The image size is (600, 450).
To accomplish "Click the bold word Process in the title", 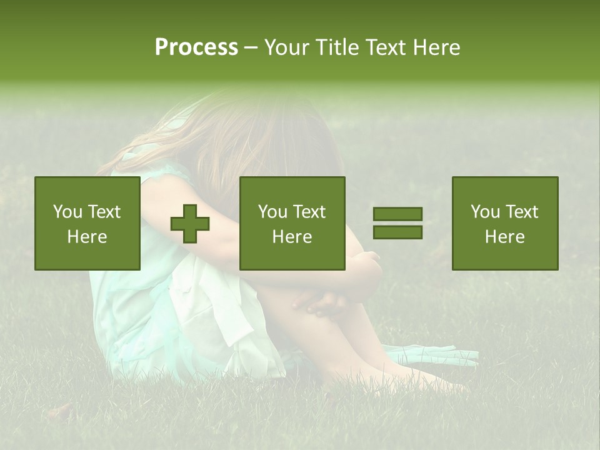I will click(196, 47).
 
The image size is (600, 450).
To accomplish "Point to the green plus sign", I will click(190, 223).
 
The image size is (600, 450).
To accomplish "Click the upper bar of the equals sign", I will click(397, 214).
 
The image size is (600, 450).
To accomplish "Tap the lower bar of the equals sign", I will click(397, 232).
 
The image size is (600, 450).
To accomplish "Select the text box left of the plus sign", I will click(87, 223).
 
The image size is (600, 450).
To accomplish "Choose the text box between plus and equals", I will click(292, 223).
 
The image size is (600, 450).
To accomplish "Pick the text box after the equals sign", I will click(505, 223).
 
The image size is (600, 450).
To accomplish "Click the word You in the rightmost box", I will click(485, 212).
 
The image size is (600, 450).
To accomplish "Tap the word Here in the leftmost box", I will click(87, 237).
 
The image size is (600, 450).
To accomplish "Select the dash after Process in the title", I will click(251, 47).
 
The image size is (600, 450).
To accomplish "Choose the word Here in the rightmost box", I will click(505, 237).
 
